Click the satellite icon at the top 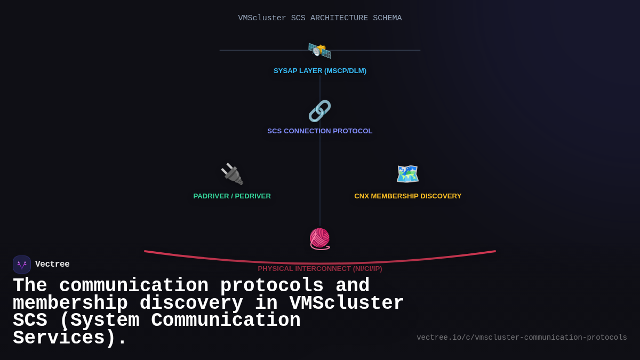[320, 51]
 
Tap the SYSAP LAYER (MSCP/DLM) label [320, 71]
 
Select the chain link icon [320, 111]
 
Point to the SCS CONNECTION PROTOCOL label [320, 131]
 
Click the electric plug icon [232, 174]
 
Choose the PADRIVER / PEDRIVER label [232, 196]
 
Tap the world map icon [407, 174]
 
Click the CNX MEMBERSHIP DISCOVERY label [408, 196]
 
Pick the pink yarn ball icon [320, 238]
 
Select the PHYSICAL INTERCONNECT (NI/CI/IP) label [320, 269]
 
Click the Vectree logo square [22, 265]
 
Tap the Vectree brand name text [52, 265]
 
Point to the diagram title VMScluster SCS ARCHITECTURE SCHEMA [320, 18]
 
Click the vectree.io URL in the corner [522, 338]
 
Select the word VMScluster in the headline [347, 303]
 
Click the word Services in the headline [64, 338]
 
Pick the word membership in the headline [70, 303]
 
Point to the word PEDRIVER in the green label [253, 196]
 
